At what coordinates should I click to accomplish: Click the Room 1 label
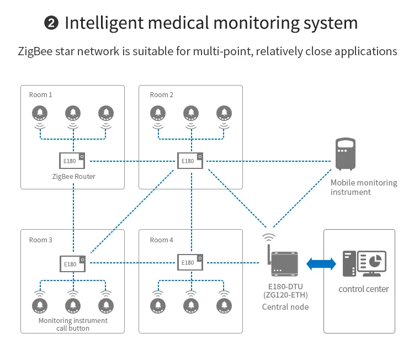click(x=41, y=95)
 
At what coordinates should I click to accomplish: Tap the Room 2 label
click(x=162, y=95)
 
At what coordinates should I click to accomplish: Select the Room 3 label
click(x=41, y=240)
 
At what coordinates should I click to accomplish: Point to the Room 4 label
click(x=162, y=240)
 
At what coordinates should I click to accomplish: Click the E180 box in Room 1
click(x=72, y=161)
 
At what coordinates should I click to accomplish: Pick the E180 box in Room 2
click(x=190, y=161)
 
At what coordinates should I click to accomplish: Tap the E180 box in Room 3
click(x=72, y=263)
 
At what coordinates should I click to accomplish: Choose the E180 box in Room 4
click(x=190, y=262)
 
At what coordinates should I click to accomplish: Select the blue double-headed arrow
click(x=321, y=264)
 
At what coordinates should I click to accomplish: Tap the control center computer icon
click(x=364, y=264)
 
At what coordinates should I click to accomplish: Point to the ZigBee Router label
click(x=74, y=177)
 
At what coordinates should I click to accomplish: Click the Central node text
click(x=285, y=308)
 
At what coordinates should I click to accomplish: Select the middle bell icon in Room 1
click(x=72, y=114)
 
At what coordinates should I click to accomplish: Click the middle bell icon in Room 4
click(x=190, y=305)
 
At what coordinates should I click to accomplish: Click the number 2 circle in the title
click(x=50, y=24)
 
